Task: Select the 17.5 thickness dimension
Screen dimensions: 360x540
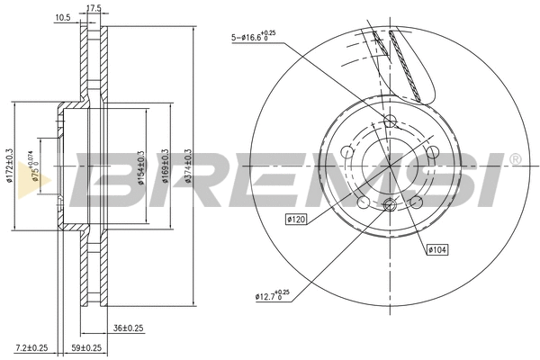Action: (x=92, y=8)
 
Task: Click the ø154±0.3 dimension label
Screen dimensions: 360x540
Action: (x=140, y=167)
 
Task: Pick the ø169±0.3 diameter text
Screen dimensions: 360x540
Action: (x=164, y=167)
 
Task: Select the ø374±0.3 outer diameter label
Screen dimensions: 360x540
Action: (x=188, y=167)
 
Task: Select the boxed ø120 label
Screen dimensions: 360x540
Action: (x=297, y=218)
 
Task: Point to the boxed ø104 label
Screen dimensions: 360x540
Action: (x=437, y=248)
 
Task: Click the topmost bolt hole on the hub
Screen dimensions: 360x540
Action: (x=389, y=121)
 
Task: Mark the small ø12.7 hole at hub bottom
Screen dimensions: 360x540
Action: (x=389, y=208)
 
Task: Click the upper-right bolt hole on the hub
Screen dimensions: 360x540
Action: (x=431, y=152)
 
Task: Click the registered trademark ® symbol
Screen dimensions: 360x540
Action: (x=514, y=159)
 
